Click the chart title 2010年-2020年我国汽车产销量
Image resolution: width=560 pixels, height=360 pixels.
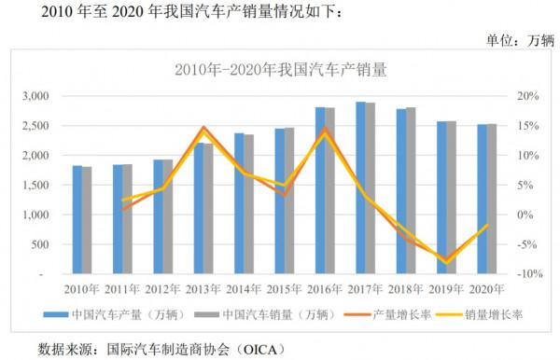click(281, 70)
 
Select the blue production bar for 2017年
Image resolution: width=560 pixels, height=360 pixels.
click(360, 188)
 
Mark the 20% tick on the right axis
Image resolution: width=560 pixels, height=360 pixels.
click(527, 96)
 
